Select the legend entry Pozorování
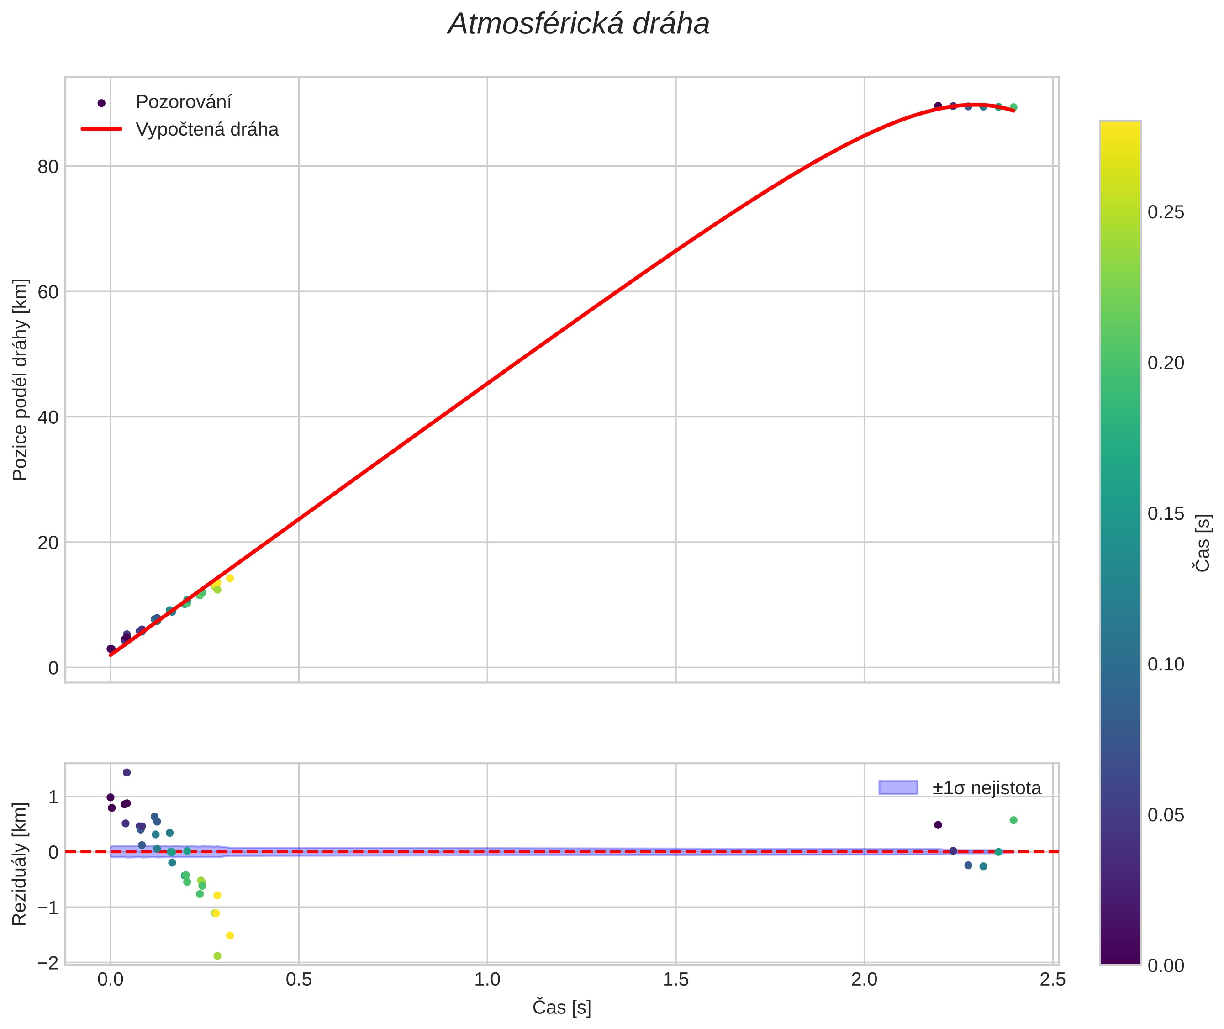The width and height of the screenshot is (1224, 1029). (x=183, y=102)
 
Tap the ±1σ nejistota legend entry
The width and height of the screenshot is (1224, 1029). (x=986, y=788)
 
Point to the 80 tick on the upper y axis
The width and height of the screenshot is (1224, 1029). (x=48, y=167)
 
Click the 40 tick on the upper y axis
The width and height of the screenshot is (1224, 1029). (x=48, y=417)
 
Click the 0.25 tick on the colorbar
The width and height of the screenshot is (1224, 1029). (x=1166, y=212)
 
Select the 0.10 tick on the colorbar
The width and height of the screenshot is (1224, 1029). (x=1166, y=665)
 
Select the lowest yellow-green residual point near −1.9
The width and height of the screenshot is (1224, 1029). (x=217, y=956)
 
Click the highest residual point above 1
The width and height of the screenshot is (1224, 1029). (x=127, y=772)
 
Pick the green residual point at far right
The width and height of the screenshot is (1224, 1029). (x=1013, y=820)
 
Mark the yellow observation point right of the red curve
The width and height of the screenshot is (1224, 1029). (x=230, y=578)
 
